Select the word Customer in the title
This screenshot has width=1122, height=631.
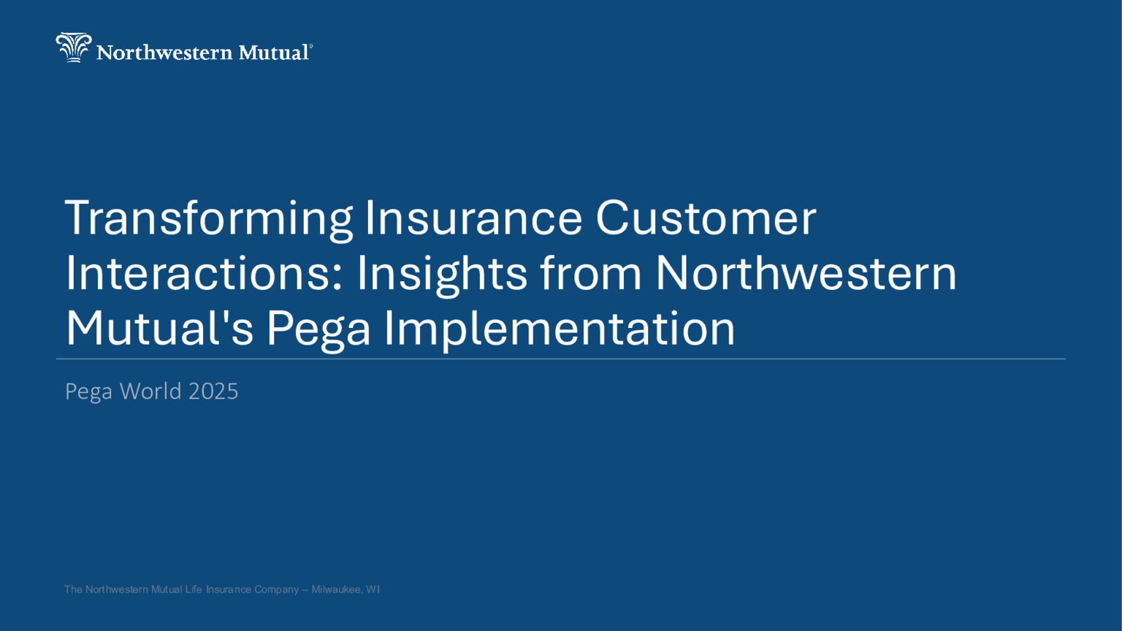click(706, 218)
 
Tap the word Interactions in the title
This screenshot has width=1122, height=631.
click(204, 273)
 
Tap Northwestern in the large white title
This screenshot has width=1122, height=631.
click(806, 273)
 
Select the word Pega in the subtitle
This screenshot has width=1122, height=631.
click(88, 393)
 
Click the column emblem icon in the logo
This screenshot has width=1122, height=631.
click(74, 47)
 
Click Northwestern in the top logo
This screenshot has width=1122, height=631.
click(164, 53)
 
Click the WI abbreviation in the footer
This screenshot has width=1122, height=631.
click(373, 589)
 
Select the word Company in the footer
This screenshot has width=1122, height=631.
click(277, 590)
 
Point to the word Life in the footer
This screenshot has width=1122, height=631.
click(194, 589)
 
